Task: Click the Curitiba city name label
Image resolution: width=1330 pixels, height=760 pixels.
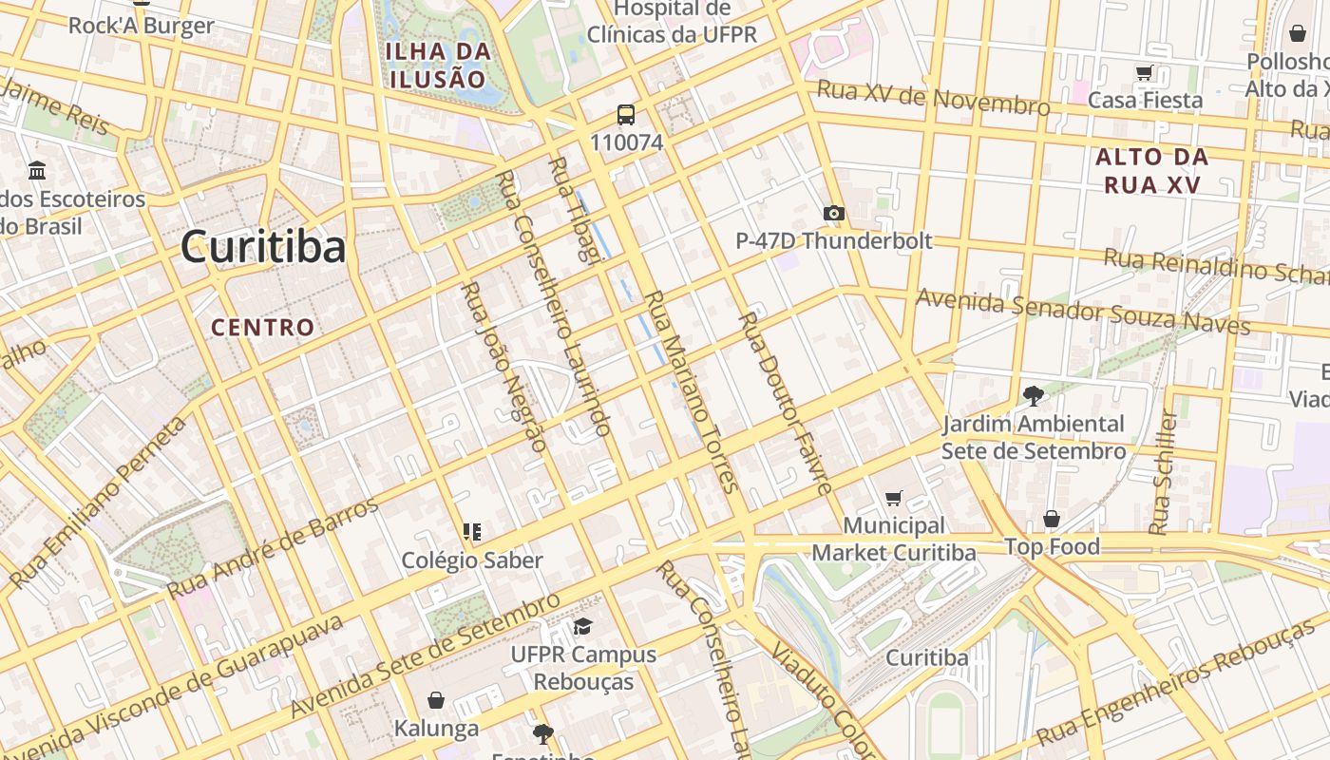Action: (x=263, y=248)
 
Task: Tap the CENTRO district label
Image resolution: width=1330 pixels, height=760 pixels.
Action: (x=262, y=328)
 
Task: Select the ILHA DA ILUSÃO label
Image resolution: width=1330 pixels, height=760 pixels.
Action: (x=438, y=65)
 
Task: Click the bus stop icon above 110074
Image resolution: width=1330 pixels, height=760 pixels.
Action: (x=626, y=115)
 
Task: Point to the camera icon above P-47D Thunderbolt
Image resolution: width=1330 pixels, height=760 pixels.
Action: (x=834, y=213)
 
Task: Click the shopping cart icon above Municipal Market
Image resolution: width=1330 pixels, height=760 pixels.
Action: (x=893, y=498)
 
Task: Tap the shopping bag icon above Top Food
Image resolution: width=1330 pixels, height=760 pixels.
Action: (x=1052, y=519)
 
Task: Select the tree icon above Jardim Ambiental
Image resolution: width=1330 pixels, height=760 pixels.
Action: (x=1033, y=395)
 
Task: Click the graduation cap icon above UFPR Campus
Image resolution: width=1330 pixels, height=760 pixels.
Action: (x=582, y=626)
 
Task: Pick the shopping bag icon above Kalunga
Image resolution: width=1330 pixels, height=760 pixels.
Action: (x=436, y=700)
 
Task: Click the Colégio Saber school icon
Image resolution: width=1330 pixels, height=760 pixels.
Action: (x=472, y=531)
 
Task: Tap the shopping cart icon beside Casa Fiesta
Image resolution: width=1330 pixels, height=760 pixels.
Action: (x=1145, y=73)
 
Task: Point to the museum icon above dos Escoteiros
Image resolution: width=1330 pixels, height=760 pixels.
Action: (x=37, y=171)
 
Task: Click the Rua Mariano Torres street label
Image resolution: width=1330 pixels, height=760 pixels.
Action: (x=691, y=391)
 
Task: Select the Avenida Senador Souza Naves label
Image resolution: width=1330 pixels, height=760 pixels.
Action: (x=1083, y=313)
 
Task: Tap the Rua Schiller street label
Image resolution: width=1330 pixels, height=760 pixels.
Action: (x=1163, y=472)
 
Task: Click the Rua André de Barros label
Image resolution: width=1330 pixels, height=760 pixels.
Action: (x=273, y=548)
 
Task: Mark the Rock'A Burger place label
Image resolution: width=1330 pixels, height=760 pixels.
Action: (x=141, y=26)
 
